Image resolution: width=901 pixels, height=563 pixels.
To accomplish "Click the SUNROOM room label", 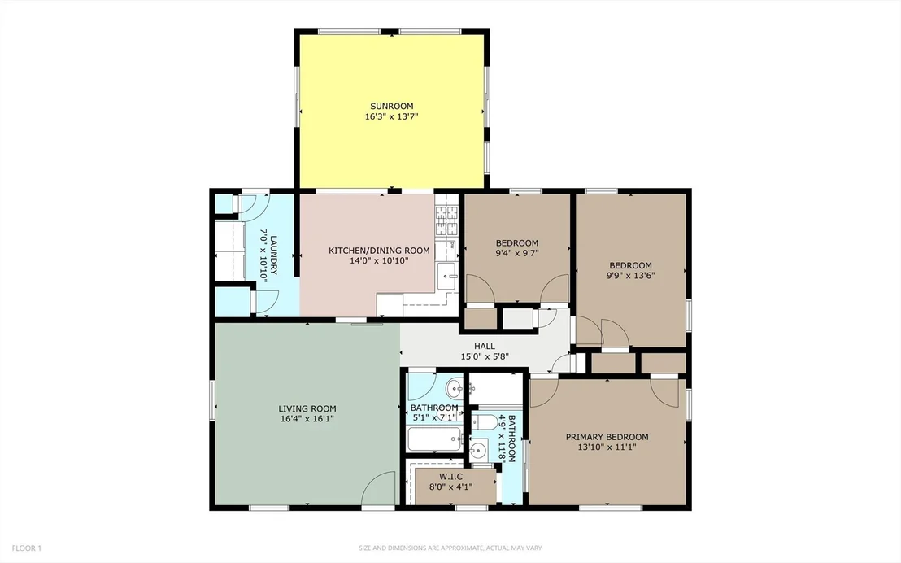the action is click(x=391, y=106).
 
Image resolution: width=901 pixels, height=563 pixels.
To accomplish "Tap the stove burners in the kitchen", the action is click(x=447, y=221).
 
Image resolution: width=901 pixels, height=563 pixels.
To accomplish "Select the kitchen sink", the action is click(x=446, y=276).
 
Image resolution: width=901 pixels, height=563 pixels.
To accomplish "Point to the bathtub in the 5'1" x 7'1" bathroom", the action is click(x=434, y=440).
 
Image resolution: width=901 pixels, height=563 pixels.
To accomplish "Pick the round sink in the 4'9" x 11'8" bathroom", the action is click(x=478, y=451).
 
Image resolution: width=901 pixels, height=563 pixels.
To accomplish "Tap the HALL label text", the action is click(x=485, y=347).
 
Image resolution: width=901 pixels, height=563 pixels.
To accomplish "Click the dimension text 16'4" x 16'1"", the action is click(x=307, y=419).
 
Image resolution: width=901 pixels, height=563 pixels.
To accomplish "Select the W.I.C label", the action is click(x=451, y=477).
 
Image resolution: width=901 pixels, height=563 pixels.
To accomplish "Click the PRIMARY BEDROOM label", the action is click(x=607, y=437).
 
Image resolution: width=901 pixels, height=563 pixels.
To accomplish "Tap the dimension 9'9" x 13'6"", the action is click(x=630, y=276).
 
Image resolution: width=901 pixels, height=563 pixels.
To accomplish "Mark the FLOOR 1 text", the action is click(x=27, y=548).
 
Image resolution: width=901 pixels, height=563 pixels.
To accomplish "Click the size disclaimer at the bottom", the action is click(x=450, y=548).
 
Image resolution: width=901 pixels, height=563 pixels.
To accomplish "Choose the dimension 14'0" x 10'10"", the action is click(x=379, y=260).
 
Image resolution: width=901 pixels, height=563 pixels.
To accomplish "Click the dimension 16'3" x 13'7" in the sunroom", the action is click(x=391, y=116).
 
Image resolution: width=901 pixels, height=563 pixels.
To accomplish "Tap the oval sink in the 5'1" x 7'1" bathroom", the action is click(x=455, y=388).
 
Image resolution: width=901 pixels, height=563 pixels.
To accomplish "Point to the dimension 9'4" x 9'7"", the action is click(x=517, y=253).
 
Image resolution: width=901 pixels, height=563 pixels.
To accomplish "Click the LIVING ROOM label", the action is click(x=307, y=409).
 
